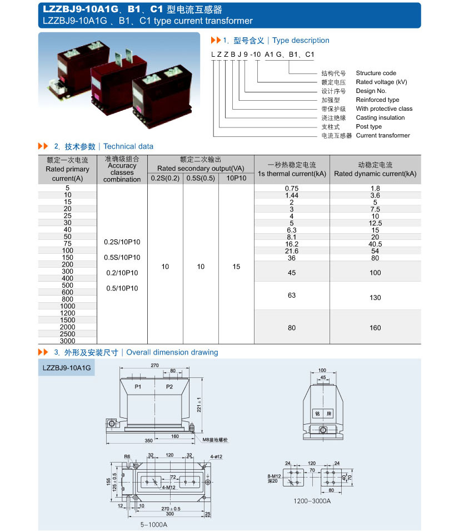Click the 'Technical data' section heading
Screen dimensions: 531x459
point(128,146)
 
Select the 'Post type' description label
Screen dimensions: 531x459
point(368,126)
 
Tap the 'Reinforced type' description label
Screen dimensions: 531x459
point(377,100)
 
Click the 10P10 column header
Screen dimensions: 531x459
point(236,178)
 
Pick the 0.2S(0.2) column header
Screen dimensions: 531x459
point(165,178)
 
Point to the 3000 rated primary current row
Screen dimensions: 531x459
point(67,341)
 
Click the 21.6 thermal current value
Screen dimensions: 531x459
point(291,251)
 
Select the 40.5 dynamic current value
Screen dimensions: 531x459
point(375,244)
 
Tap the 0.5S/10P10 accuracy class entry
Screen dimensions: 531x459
point(122,258)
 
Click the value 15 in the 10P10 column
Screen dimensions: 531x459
point(236,267)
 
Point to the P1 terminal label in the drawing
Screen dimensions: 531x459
point(138,386)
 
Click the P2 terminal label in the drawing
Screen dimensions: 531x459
point(169,386)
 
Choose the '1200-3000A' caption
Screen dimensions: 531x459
point(312,500)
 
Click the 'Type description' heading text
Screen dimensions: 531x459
point(301,41)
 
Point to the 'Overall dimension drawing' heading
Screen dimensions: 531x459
point(172,352)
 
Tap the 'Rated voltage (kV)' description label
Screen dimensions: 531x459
point(381,82)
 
